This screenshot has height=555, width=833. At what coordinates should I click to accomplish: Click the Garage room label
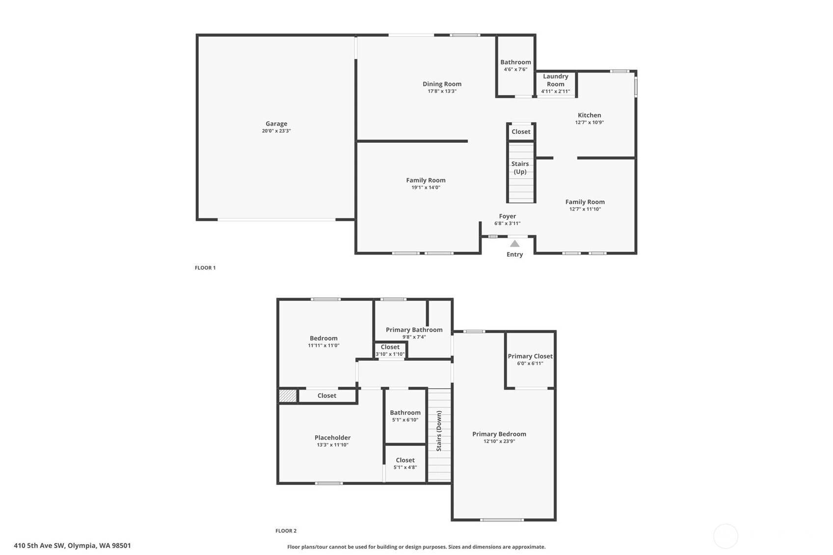pos(276,124)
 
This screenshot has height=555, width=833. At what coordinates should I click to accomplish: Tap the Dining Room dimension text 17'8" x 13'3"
pos(442,91)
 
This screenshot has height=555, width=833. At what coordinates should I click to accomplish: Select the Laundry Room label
pos(555,80)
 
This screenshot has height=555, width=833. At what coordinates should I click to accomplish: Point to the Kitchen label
pos(589,115)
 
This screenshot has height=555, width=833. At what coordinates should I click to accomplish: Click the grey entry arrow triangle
pos(515,243)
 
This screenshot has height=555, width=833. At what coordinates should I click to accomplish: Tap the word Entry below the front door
pos(515,254)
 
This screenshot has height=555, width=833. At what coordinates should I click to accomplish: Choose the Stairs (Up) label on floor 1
pos(520,168)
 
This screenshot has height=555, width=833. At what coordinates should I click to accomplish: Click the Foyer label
pos(507,216)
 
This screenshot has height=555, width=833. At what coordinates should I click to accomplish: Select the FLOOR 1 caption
pos(205,267)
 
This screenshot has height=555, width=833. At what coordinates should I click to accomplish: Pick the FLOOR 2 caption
pos(286,531)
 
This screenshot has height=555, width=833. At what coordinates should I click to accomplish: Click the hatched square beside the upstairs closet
pos(288,396)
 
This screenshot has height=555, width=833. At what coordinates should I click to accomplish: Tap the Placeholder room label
pos(332,438)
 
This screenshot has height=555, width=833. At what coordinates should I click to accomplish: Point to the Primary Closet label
pos(530,356)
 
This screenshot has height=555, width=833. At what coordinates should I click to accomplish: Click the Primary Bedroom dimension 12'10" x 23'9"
pos(499,441)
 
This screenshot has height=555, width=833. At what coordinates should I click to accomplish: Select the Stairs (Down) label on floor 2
pos(439,431)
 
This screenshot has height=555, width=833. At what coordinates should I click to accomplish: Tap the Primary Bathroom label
pos(414,330)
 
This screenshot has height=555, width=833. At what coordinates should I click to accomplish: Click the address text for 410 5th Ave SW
pos(73,546)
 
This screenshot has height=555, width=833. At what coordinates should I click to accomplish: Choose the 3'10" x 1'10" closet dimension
pos(390,354)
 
